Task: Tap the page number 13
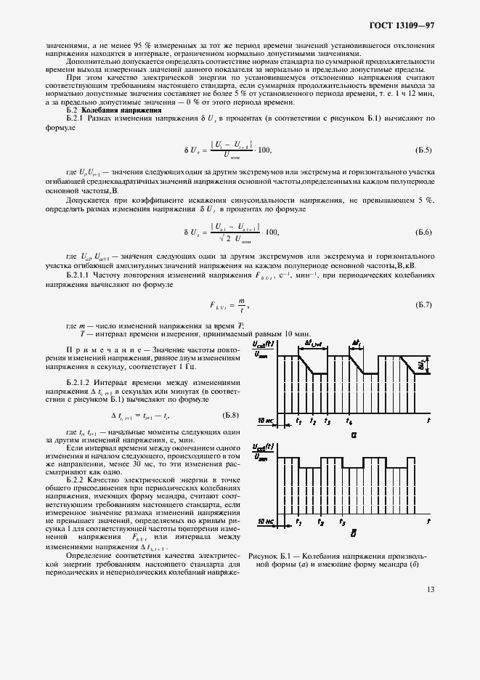coord(431,590)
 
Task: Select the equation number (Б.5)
coord(423,150)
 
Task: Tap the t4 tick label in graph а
coord(349,421)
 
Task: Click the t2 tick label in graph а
coord(313,421)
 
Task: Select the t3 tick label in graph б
coord(341,522)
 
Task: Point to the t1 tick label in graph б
coord(298,522)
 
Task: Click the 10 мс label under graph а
coord(265,421)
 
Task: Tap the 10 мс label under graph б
coord(265,522)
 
